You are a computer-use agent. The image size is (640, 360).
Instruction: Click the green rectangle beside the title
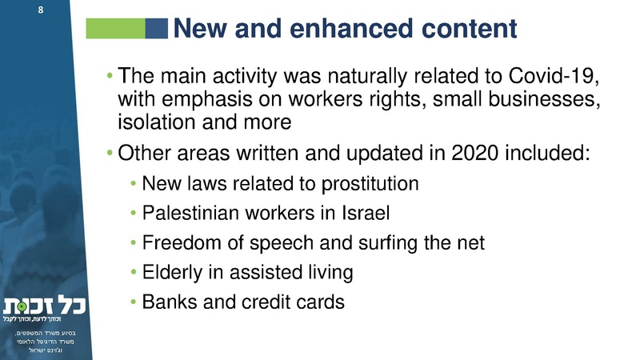point(114,30)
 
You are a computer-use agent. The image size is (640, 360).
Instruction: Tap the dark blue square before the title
point(157,30)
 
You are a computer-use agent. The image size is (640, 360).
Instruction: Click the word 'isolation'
point(152,123)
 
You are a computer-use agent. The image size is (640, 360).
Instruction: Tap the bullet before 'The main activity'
point(110,78)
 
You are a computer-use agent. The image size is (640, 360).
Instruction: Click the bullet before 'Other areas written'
point(110,152)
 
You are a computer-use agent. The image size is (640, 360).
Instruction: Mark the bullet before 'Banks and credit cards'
point(134,303)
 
